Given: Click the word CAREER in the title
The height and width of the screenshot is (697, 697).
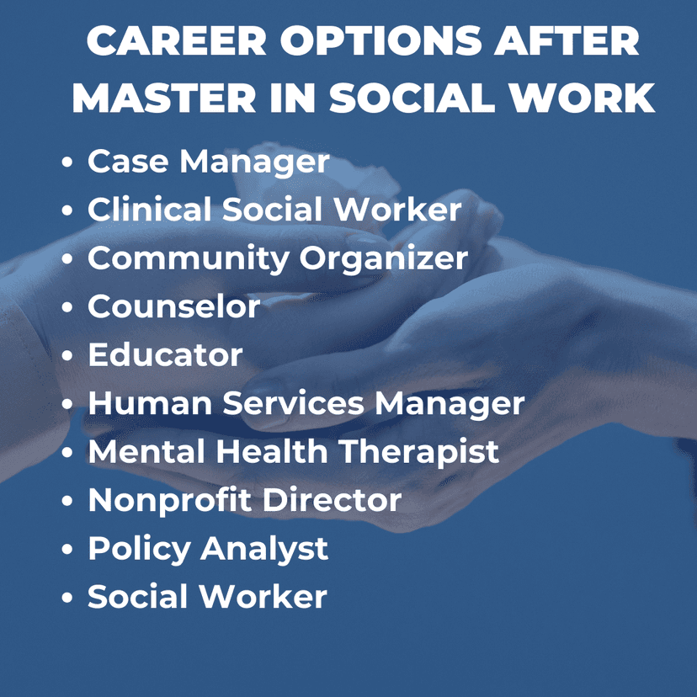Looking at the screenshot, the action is [177, 40].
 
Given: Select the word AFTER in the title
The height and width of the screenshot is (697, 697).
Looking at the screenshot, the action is [567, 40].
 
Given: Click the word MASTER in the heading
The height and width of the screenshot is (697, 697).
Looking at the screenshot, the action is [163, 98].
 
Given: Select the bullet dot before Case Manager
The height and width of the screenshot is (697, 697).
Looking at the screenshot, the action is [67, 162].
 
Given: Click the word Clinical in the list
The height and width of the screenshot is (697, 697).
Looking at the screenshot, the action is [149, 209].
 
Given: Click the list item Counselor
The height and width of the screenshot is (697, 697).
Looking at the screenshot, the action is [173, 306].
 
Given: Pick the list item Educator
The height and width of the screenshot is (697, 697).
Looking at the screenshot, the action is [165, 354].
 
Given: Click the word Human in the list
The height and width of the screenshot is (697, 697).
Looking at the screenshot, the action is [150, 403].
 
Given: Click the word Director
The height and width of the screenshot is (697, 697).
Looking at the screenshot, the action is [332, 500].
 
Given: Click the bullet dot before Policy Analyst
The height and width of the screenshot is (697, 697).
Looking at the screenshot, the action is [67, 549].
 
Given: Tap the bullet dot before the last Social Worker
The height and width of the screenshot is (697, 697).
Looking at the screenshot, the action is [67, 598].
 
